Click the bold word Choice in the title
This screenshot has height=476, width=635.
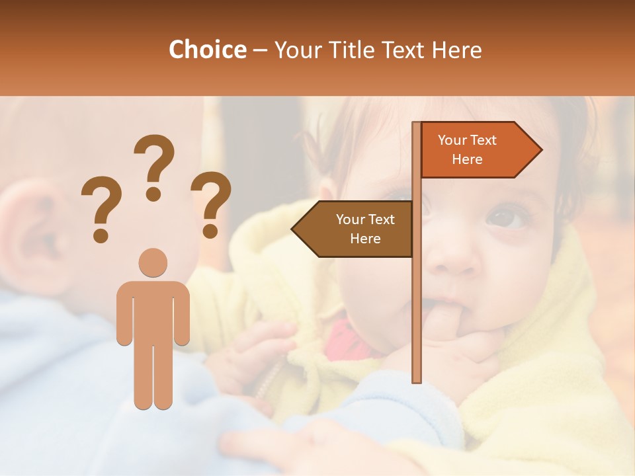[207, 50]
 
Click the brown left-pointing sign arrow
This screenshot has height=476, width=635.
[354, 229]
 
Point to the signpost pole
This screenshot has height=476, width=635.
[416, 297]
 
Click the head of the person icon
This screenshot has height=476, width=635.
[153, 262]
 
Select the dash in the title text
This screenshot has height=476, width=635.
[260, 50]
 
